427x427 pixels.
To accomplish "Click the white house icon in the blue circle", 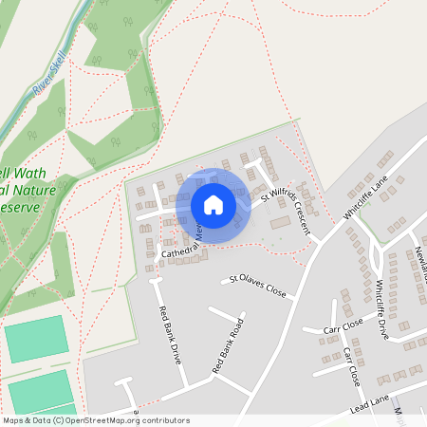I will tap(213, 205).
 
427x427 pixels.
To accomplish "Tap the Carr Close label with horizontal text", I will tap(343, 326).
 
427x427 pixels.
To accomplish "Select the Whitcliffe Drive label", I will tap(382, 308).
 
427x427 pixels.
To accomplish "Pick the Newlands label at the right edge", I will tap(418, 266).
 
